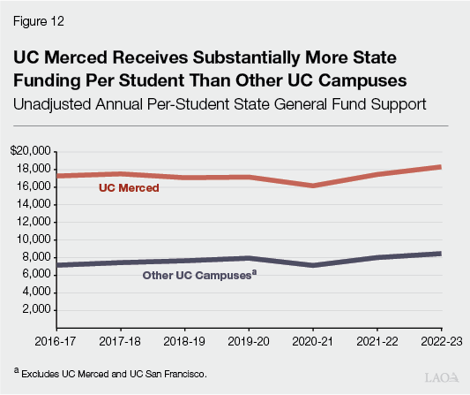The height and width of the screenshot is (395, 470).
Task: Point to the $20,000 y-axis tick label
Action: pos(29,151)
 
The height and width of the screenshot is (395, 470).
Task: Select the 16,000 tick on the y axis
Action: pos(32,186)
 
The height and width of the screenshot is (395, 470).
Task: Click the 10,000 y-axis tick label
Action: pos(32,239)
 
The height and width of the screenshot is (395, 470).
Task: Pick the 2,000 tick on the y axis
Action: pos(34,310)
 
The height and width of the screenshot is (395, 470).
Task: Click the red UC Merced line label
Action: pos(128,188)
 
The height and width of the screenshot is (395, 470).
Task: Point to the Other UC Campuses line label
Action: pos(199,276)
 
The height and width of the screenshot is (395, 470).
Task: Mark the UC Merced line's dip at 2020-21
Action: pos(313,186)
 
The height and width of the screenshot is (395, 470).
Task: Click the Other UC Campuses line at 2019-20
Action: pos(250,258)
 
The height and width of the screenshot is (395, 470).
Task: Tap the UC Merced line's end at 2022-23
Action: pos(439,167)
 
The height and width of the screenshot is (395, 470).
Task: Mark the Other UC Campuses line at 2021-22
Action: pos(377,257)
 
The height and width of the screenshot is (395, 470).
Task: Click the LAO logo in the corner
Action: pos(441,377)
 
